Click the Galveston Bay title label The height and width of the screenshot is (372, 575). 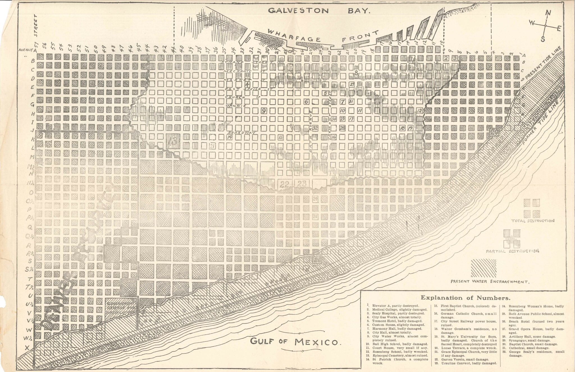point(319,11)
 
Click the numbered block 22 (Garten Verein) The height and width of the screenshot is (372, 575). point(284,184)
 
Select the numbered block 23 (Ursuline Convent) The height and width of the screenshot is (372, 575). point(302,184)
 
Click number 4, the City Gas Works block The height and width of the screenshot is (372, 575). point(247,84)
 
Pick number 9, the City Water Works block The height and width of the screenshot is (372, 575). point(264,111)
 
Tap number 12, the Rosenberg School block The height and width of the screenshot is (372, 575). point(419,111)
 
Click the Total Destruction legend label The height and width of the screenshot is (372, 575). point(533,221)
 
